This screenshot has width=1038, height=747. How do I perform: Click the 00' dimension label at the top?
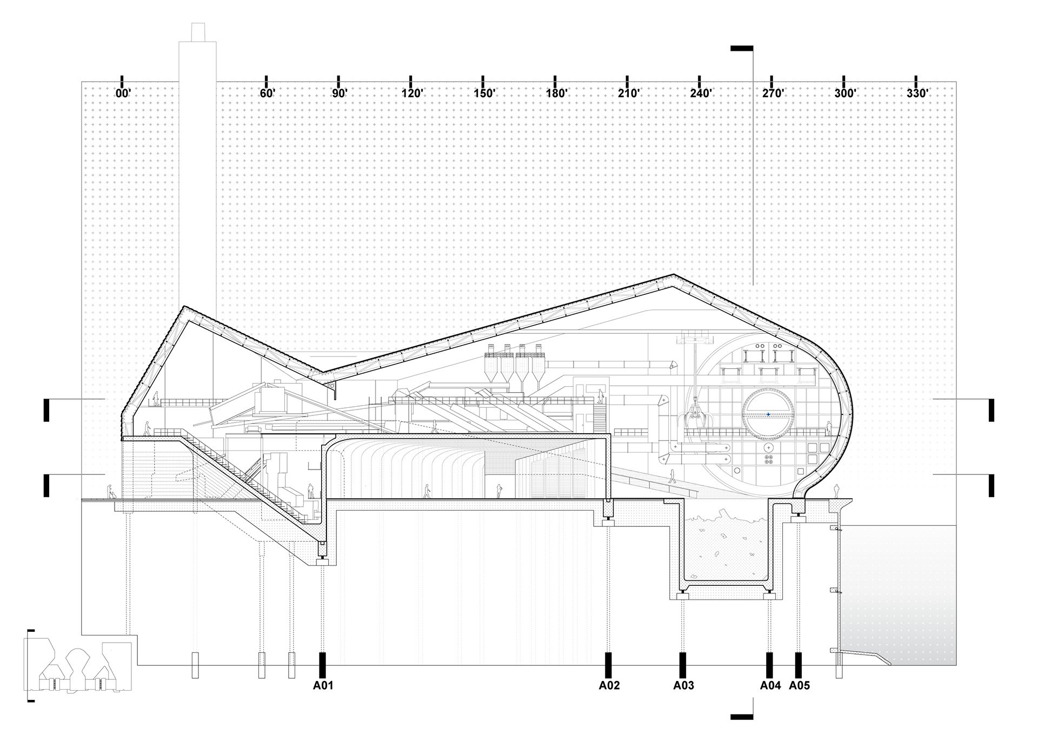point(123,93)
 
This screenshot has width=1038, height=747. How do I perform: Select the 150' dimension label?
point(484,93)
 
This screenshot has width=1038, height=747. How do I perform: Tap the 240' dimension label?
point(701,93)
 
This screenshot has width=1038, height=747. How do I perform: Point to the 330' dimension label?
point(917,93)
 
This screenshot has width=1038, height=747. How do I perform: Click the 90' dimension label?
point(339,93)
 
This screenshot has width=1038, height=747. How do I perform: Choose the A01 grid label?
point(323,685)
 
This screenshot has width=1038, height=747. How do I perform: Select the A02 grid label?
point(609,685)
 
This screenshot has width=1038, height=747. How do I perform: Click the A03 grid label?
point(683,685)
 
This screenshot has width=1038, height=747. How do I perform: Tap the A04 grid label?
point(770,685)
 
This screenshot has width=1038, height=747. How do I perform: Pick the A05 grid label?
point(800,685)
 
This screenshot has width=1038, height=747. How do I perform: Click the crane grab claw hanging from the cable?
point(691,419)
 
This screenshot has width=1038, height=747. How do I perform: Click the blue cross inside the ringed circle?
point(768,414)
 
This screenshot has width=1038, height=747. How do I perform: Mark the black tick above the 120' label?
point(411,81)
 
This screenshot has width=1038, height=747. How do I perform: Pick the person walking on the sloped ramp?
point(673,477)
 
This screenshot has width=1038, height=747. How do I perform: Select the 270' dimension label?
point(773,93)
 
